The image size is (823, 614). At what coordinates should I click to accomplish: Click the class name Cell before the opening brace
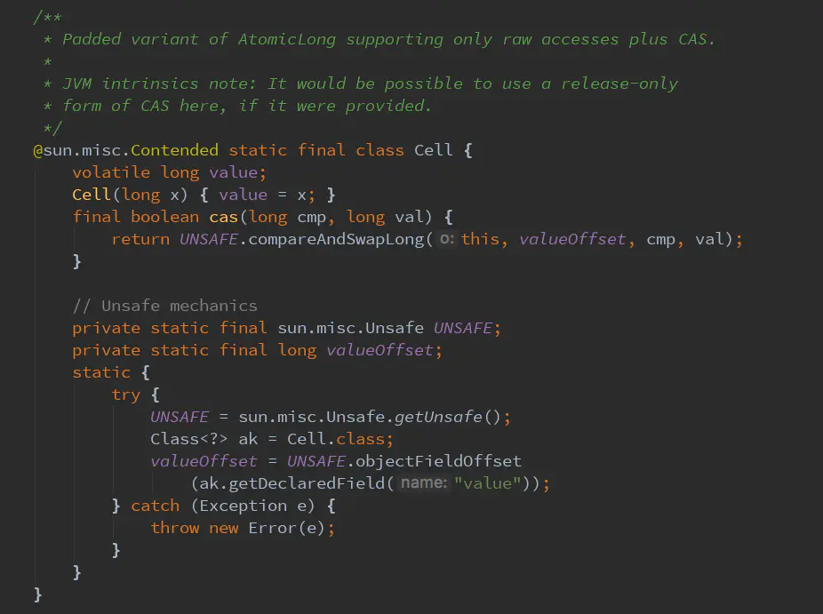point(434,150)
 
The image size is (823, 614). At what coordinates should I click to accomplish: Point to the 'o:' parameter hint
point(448,239)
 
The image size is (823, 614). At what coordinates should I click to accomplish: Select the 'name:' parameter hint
point(423,483)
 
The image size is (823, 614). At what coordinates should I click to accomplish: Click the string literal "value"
point(488,483)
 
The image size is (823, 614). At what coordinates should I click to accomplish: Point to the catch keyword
point(156,506)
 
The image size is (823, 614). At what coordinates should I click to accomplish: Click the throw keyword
point(175,528)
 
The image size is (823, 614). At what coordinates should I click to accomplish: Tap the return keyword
point(140,239)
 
